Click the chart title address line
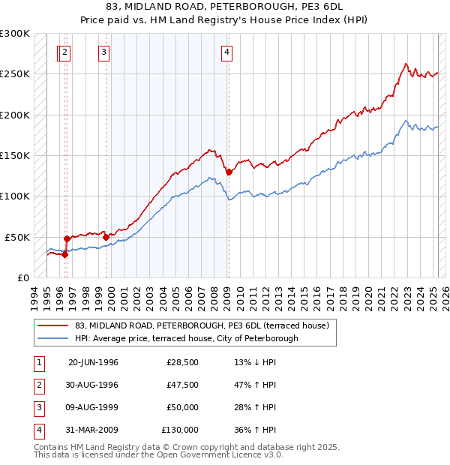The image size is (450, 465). point(224,6)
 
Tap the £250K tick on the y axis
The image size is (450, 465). point(15,74)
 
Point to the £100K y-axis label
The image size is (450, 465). point(15,196)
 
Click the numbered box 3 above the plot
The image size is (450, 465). point(103,52)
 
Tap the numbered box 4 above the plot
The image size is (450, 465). point(226,52)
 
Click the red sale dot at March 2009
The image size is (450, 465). point(229,172)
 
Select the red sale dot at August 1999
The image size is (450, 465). point(106,237)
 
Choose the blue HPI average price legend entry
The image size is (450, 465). point(186,338)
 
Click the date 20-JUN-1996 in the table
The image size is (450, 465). point(93,362)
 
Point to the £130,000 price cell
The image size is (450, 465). point(180,430)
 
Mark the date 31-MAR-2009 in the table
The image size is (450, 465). point(93,430)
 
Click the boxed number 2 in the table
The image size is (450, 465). point(37,385)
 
